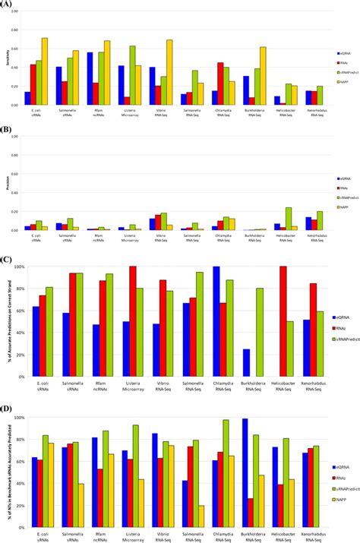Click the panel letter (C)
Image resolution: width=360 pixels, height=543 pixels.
(9, 259)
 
